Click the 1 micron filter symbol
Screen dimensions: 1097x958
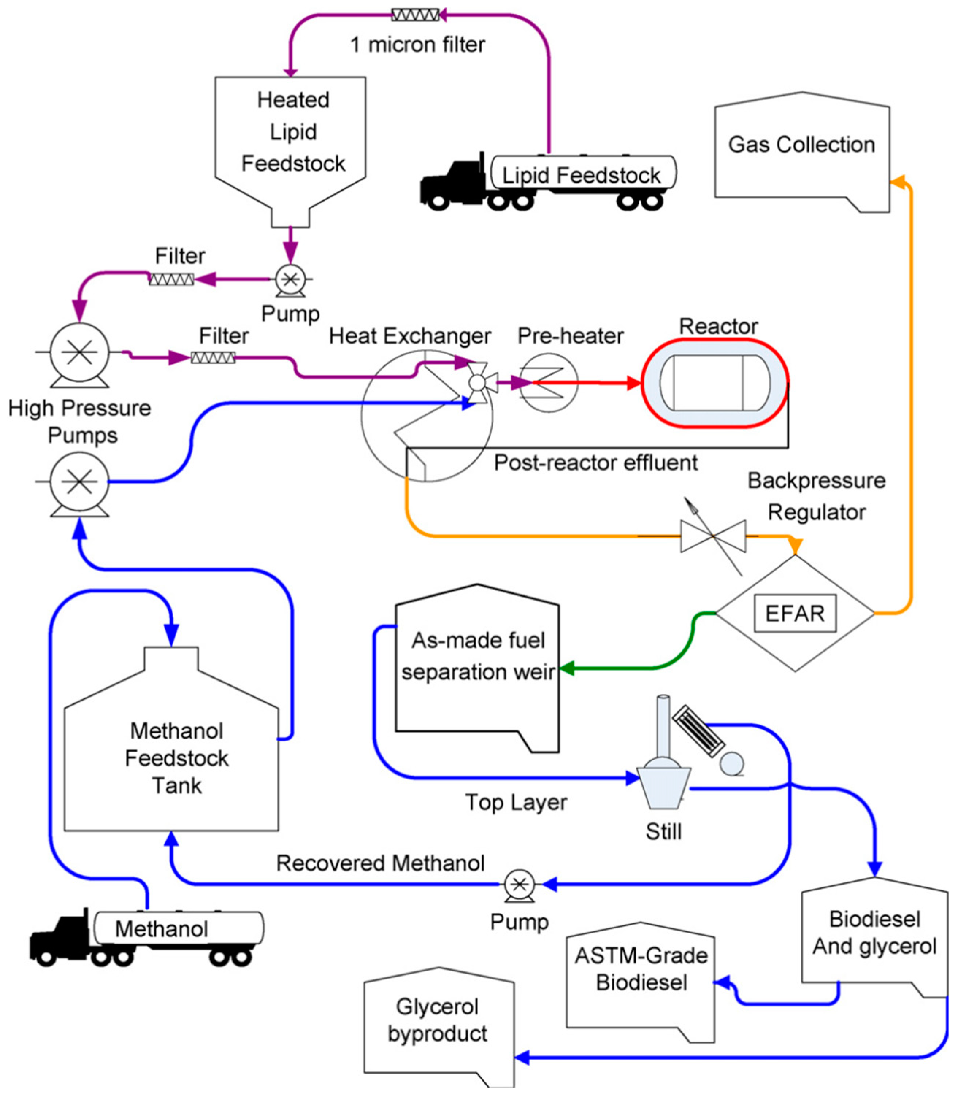point(415,15)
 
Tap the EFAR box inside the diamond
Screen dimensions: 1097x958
point(794,613)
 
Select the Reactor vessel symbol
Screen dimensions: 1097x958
point(715,383)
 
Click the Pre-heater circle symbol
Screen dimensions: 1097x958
point(548,383)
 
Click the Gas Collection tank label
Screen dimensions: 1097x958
point(801,145)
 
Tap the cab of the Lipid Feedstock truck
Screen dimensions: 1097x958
point(455,182)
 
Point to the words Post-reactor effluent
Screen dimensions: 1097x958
point(595,463)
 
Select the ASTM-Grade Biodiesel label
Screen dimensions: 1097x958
point(641,969)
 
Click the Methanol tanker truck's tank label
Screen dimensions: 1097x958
point(161,929)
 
